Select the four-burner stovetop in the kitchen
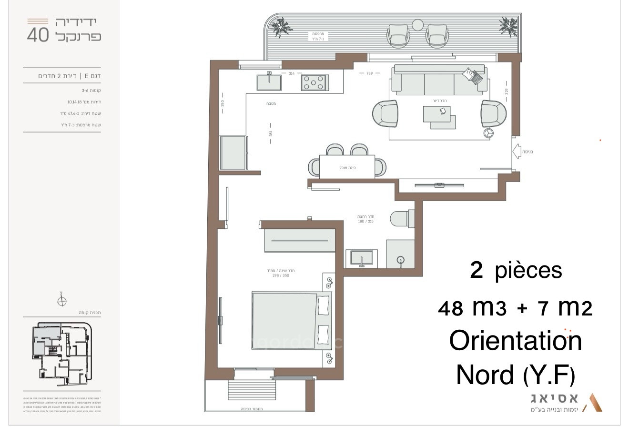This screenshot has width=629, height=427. click(x=314, y=83)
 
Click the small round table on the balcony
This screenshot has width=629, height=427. click(x=417, y=25)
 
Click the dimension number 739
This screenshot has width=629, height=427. click(x=369, y=73)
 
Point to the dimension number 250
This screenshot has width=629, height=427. click(x=223, y=103)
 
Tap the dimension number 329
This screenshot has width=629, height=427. click(x=507, y=91)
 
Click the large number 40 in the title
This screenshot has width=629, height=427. click(x=38, y=36)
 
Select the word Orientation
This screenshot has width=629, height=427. click(x=516, y=341)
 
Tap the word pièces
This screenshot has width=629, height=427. click(x=529, y=271)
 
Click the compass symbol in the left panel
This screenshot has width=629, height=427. click(x=62, y=300)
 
